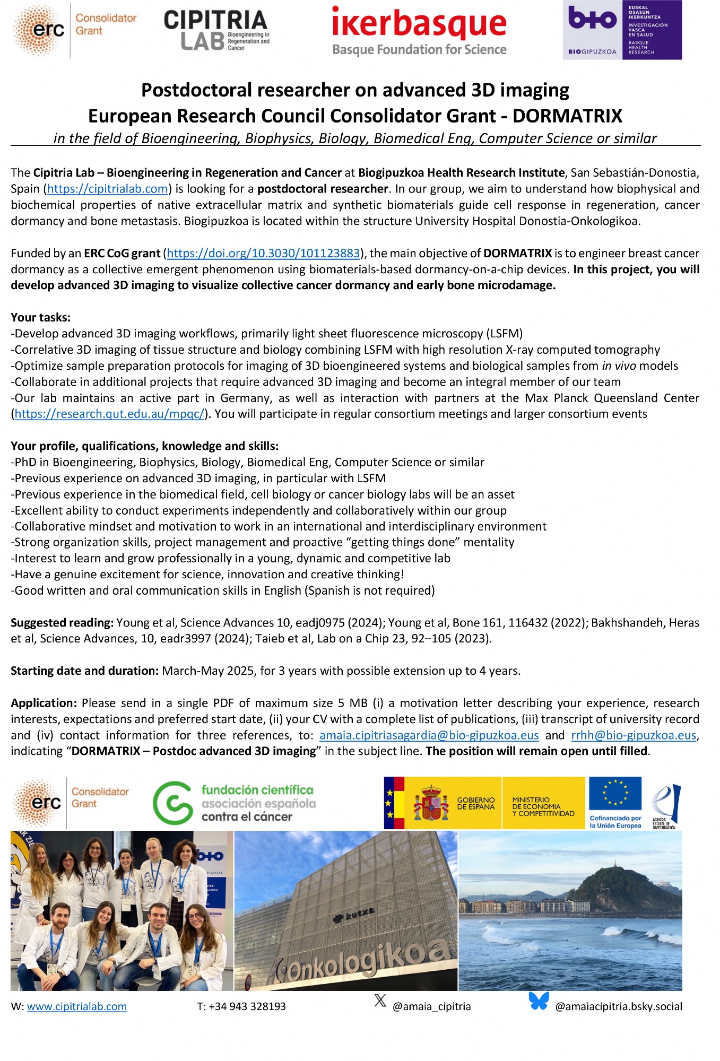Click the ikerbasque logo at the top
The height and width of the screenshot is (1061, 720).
tap(419, 31)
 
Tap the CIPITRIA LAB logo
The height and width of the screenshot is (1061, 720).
tap(216, 30)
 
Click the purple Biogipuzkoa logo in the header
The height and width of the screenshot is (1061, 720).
tap(622, 30)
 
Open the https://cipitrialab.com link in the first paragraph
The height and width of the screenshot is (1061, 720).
tap(108, 189)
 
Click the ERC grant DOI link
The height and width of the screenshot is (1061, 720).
tap(264, 254)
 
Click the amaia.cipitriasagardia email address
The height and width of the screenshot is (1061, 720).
tap(429, 735)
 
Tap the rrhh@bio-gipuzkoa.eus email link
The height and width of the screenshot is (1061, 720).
tap(634, 735)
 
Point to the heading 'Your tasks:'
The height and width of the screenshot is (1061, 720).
tap(41, 318)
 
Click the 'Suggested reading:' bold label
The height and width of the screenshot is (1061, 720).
tap(62, 623)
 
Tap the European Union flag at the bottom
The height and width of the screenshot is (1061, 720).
tap(615, 795)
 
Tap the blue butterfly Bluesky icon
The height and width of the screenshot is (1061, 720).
tap(539, 1001)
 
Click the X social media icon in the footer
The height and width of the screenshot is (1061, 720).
tap(380, 1001)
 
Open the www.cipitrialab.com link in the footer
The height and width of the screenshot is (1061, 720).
tap(77, 1006)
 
